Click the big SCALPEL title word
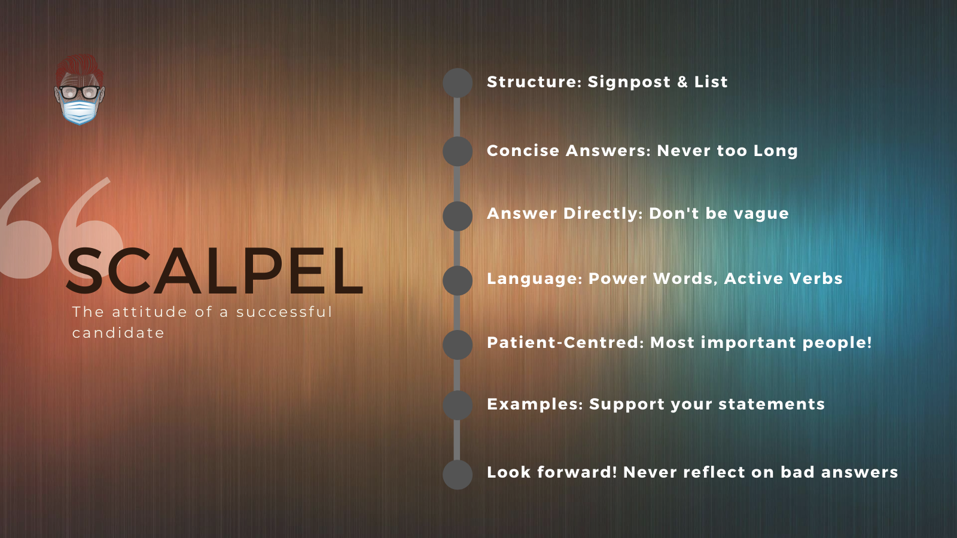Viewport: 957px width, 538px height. pyautogui.click(x=215, y=271)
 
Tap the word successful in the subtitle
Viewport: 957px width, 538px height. pyautogui.click(x=284, y=311)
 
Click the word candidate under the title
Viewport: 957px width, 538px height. pyautogui.click(x=118, y=332)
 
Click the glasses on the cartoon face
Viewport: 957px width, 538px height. pyautogui.click(x=80, y=92)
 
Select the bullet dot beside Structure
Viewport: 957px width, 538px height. pyautogui.click(x=457, y=83)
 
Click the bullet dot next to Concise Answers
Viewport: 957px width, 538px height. pyautogui.click(x=457, y=151)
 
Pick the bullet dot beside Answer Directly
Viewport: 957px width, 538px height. pyautogui.click(x=457, y=216)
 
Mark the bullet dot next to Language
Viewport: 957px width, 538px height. pyautogui.click(x=457, y=280)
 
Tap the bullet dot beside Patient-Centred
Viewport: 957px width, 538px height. pyautogui.click(x=457, y=344)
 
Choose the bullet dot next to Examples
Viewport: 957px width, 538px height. pyautogui.click(x=457, y=405)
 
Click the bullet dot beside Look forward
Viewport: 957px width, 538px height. pyautogui.click(x=457, y=475)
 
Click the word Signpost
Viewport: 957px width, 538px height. pyautogui.click(x=629, y=82)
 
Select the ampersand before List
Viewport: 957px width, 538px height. pyautogui.click(x=682, y=81)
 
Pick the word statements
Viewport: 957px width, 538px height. pyautogui.click(x=772, y=404)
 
